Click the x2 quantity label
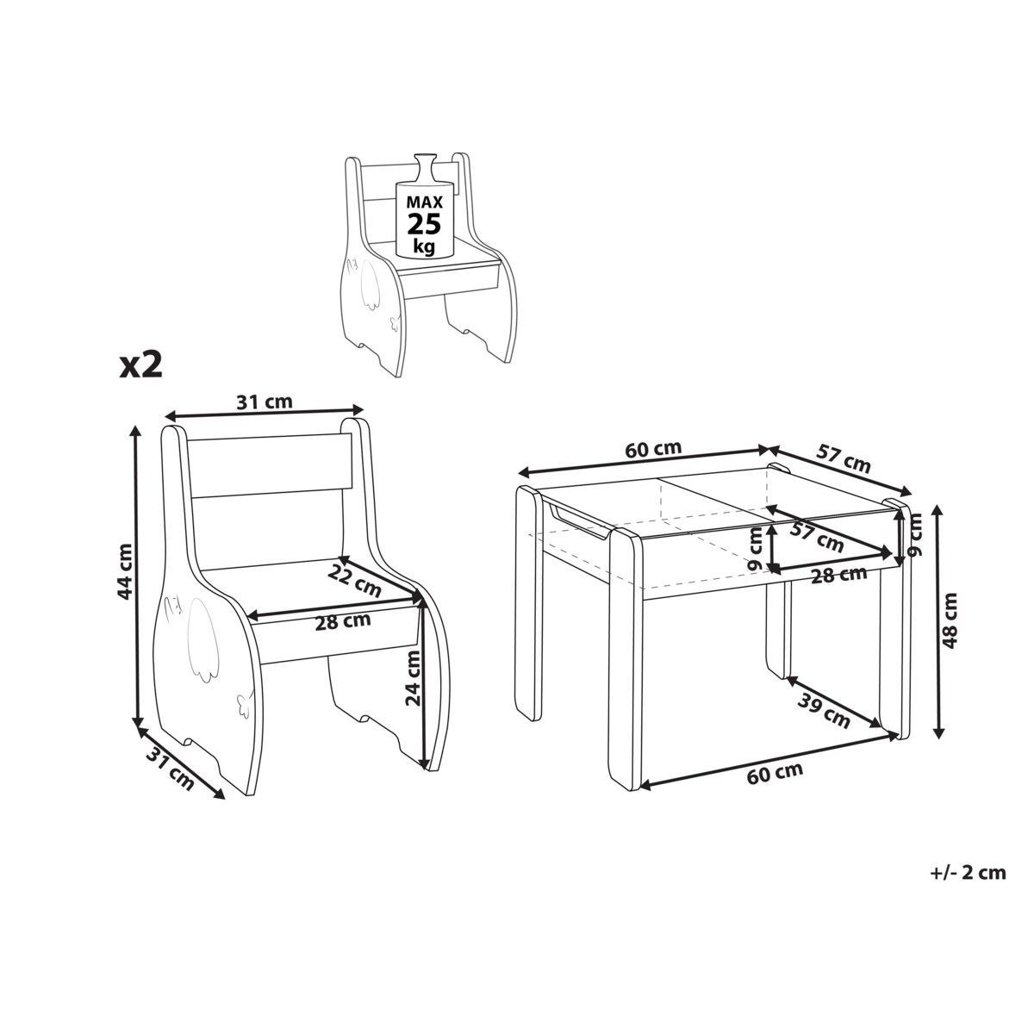point(140,366)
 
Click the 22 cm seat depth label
point(355,581)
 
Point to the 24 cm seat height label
point(414,678)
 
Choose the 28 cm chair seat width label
point(343,622)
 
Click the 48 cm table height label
point(950,620)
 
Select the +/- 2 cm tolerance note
point(969,873)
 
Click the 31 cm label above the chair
point(265,402)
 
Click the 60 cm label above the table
point(653,449)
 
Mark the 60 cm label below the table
point(775,772)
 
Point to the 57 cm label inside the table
point(817,537)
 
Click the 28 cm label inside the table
point(838,575)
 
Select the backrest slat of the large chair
point(271,466)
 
